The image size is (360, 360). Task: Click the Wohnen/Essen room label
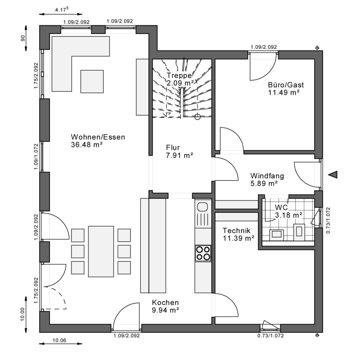pos(98,137)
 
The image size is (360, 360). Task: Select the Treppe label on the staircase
pos(179,76)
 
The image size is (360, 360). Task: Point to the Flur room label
pos(173,148)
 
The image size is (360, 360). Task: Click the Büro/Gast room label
pos(285,85)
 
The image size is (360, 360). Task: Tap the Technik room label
pos(237,231)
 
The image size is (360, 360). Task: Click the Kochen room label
pos(165,303)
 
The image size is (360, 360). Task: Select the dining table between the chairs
pos(101,251)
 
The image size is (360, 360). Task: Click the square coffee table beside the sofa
pos(92,81)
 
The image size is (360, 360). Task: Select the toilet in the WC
pos(300,231)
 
